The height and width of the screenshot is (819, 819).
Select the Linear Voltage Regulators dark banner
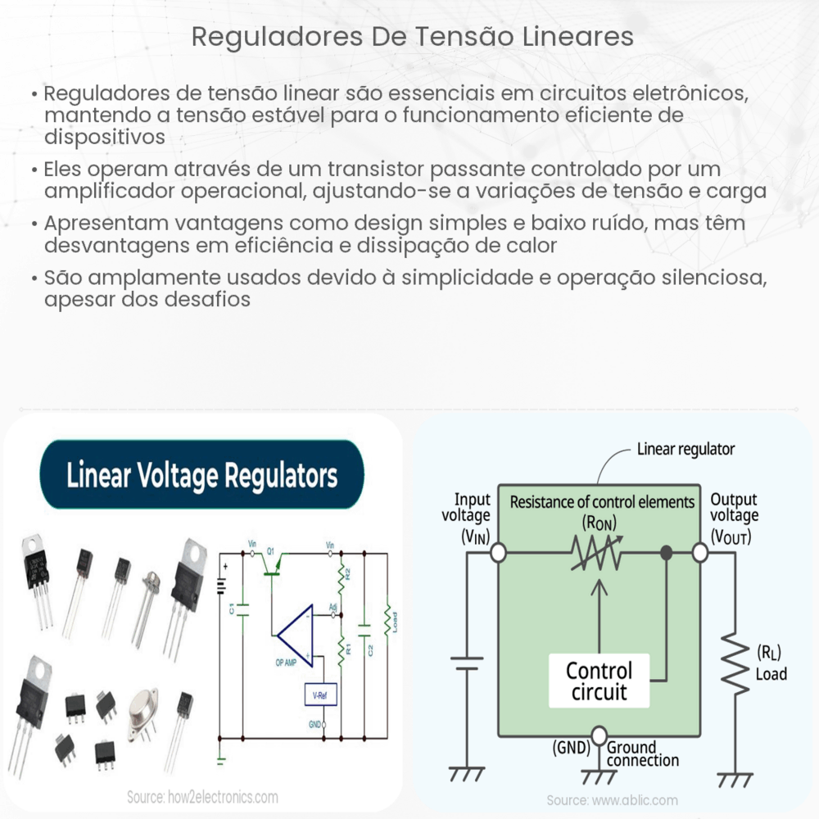tap(201, 475)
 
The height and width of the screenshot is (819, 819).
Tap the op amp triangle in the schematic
tap(295, 631)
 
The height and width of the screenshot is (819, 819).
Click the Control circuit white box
tap(600, 681)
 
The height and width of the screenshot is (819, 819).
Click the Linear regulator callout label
tap(686, 449)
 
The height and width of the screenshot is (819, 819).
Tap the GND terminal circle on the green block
tap(600, 734)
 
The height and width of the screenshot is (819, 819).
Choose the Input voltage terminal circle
tap(497, 554)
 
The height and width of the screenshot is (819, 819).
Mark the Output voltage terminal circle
tap(700, 554)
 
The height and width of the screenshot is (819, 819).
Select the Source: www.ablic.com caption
tap(613, 799)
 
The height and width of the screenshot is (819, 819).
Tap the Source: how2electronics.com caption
tap(202, 797)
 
